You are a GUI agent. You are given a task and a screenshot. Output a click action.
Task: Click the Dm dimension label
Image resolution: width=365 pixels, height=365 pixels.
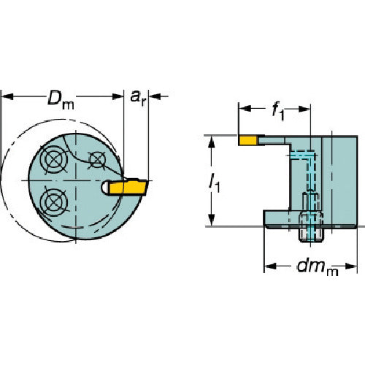pyautogui.click(x=61, y=99)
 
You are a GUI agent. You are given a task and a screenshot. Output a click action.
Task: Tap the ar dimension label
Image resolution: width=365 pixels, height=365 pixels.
pyautogui.click(x=138, y=98)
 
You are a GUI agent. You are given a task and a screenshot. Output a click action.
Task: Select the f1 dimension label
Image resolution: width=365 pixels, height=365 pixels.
pyautogui.click(x=278, y=112)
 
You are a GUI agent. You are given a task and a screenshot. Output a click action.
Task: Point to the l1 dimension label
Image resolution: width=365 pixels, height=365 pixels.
pyautogui.click(x=215, y=183)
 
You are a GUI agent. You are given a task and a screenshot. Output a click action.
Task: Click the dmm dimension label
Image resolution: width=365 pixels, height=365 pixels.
pyautogui.click(x=318, y=267)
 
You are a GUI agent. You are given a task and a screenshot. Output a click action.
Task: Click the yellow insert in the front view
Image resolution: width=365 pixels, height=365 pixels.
pyautogui.click(x=128, y=187)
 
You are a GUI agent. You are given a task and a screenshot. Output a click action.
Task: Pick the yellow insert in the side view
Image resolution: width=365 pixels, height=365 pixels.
pyautogui.click(x=248, y=140)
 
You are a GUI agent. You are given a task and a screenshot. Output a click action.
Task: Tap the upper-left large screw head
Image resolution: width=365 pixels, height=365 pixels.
pyautogui.click(x=54, y=159)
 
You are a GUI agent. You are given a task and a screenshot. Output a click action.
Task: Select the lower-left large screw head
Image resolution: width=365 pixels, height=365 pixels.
pyautogui.click(x=53, y=201)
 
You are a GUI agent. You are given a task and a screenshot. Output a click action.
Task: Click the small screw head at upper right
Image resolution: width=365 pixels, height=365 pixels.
pyautogui.click(x=97, y=159)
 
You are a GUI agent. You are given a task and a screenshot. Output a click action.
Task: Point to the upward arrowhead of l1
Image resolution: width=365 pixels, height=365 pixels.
pyautogui.click(x=212, y=142)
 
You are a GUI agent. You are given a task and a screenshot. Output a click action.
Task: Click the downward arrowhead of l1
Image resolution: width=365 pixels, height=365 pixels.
pyautogui.click(x=212, y=220)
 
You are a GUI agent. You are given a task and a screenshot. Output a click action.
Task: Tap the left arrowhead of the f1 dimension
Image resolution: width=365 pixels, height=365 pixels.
pyautogui.click(x=245, y=109)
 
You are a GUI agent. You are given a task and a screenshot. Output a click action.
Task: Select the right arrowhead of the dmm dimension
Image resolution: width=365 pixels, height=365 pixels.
pyautogui.click(x=351, y=266)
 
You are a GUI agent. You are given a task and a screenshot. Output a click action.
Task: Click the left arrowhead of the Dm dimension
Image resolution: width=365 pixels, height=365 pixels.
pyautogui.click(x=7, y=96)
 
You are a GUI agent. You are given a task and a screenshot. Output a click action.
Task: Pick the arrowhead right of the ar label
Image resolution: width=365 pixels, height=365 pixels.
pyautogui.click(x=155, y=96)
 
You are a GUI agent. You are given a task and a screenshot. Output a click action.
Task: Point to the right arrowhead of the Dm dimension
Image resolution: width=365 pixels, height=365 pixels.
pyautogui.click(x=118, y=96)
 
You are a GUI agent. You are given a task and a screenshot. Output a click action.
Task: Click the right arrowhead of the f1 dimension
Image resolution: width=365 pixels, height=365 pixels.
pyautogui.click(x=304, y=109)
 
